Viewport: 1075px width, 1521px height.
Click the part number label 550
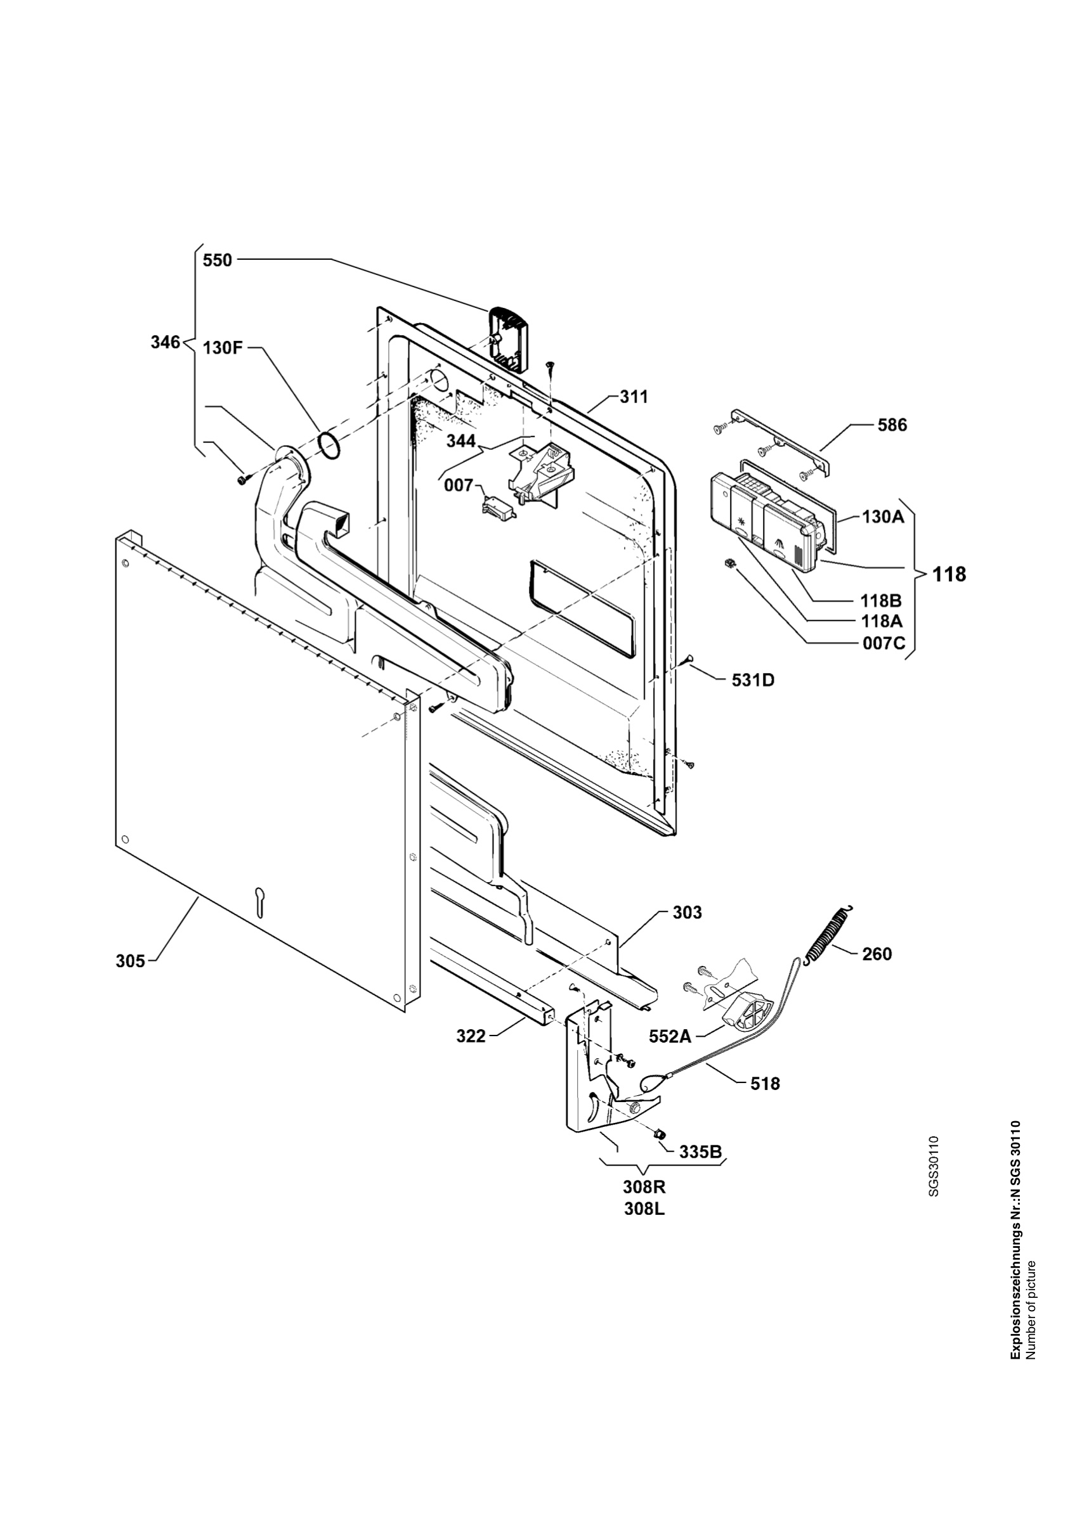[218, 260]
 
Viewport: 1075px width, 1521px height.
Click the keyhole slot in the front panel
[259, 902]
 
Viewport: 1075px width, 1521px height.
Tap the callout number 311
[634, 397]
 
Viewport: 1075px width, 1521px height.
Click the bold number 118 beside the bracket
[949, 574]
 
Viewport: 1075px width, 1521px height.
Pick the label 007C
[884, 643]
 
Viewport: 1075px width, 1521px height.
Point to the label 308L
[645, 1209]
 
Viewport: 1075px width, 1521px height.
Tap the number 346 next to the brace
[164, 342]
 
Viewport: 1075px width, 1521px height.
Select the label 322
[471, 1036]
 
